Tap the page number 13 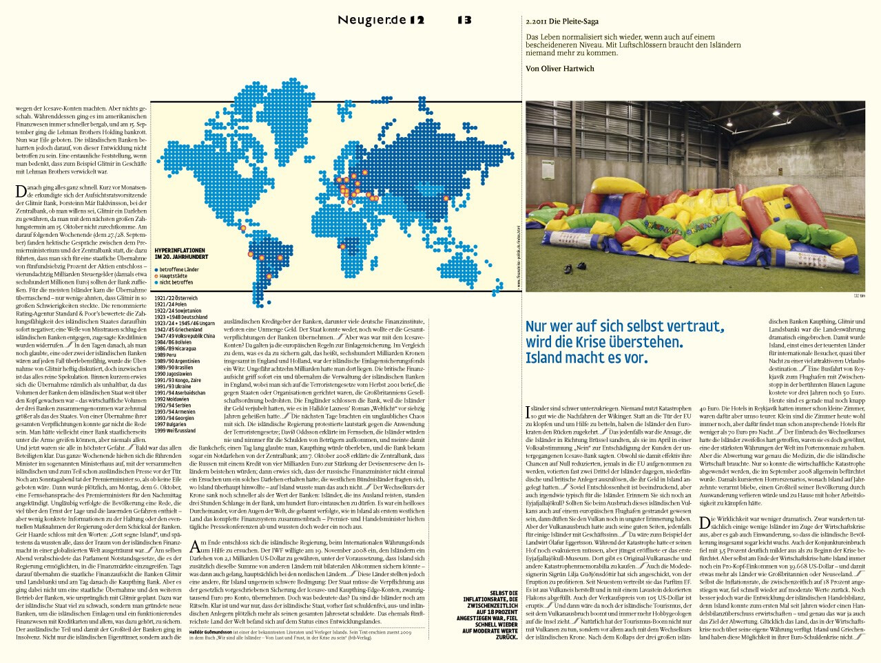tap(464, 20)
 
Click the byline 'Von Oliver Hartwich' tap(559, 69)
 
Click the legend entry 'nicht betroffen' tap(176, 282)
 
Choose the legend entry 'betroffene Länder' tap(178, 269)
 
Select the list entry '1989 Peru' tap(165, 355)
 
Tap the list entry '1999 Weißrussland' tap(175, 431)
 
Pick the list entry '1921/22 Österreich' tap(176, 299)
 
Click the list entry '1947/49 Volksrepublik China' tap(185, 336)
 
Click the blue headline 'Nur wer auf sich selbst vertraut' tap(625, 326)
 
